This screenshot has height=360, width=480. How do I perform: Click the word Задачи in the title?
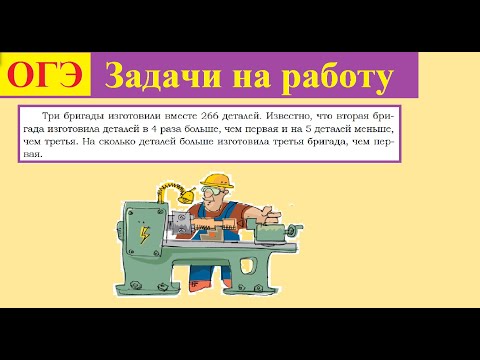click(x=152, y=76)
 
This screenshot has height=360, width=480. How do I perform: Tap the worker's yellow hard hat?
click(x=243, y=184)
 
